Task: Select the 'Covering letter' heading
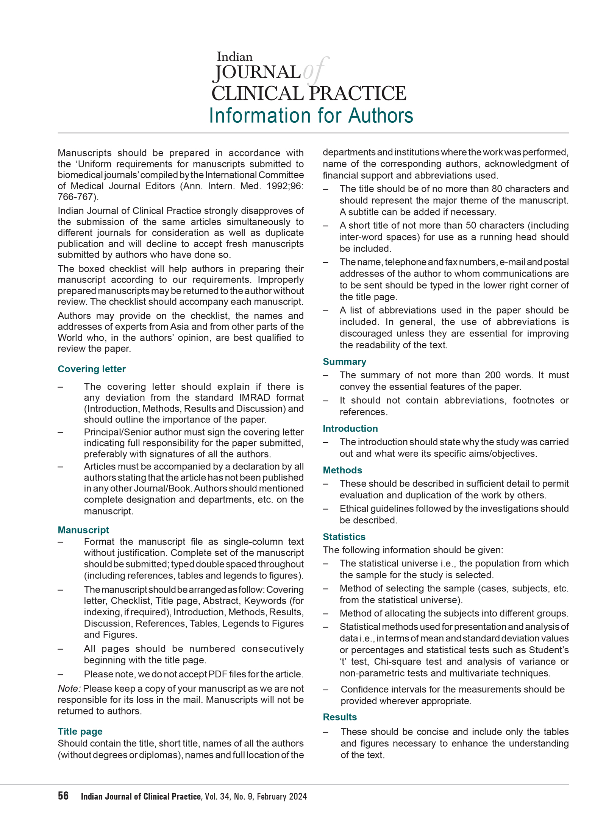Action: click(x=92, y=369)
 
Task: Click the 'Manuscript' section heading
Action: click(x=83, y=530)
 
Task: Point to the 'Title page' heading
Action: click(x=80, y=731)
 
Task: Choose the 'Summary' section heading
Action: click(x=344, y=362)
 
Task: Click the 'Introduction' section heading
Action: click(x=350, y=428)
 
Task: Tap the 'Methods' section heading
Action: click(x=342, y=470)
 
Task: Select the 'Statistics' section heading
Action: click(x=344, y=537)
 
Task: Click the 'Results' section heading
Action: click(x=340, y=717)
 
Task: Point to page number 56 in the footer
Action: click(x=63, y=796)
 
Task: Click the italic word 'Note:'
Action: click(x=69, y=688)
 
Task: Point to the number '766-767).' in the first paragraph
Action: click(x=78, y=197)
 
